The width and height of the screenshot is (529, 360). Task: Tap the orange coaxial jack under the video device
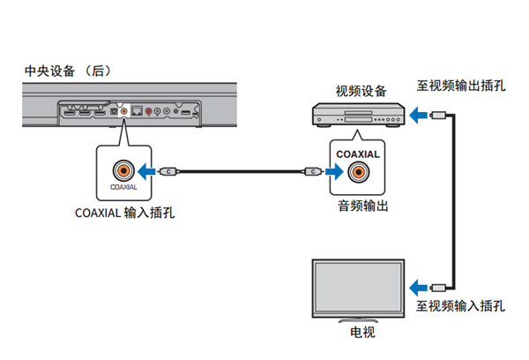358,173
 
